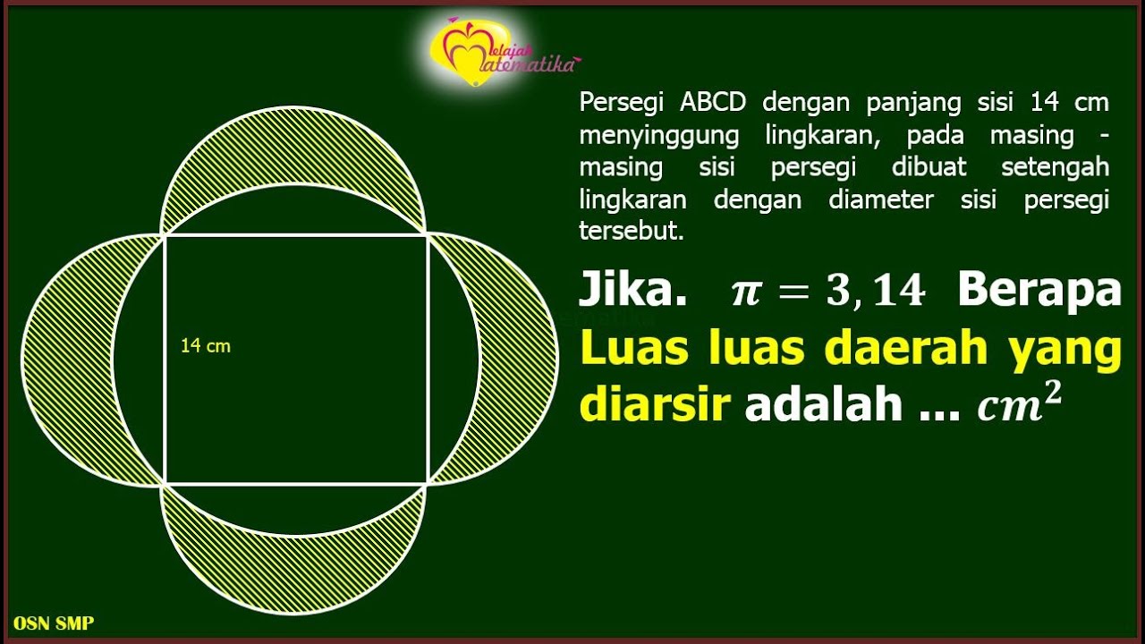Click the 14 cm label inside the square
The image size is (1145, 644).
tap(205, 346)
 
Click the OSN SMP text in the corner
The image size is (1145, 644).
tap(54, 623)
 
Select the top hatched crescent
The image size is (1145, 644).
tap(293, 148)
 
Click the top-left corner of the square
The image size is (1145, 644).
tap(164, 235)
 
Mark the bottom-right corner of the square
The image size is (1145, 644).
tap(428, 484)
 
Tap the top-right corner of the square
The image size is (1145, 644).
tap(428, 235)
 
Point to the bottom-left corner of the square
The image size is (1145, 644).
tap(164, 484)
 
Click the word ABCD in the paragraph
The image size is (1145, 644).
tap(712, 103)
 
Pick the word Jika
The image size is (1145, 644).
tap(632, 291)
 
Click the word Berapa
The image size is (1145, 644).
tap(1039, 291)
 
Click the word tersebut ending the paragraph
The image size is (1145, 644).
tap(631, 231)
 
